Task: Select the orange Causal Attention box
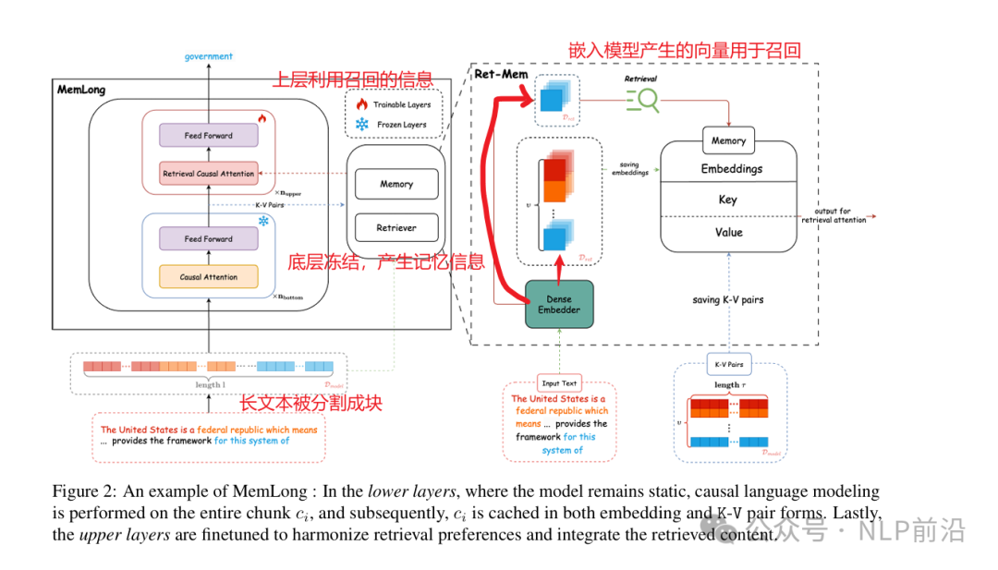pyautogui.click(x=208, y=276)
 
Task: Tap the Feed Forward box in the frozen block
pyautogui.click(x=208, y=238)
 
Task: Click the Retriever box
pyautogui.click(x=396, y=226)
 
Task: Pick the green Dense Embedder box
pyautogui.click(x=559, y=304)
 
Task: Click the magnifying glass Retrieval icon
pyautogui.click(x=643, y=100)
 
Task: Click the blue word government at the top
pyautogui.click(x=208, y=56)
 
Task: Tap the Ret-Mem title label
pyautogui.click(x=501, y=75)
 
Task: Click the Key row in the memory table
pyautogui.click(x=727, y=200)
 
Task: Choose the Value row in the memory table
pyautogui.click(x=727, y=233)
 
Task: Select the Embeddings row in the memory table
pyautogui.click(x=731, y=169)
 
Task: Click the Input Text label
pyautogui.click(x=558, y=382)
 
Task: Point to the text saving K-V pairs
pyautogui.click(x=727, y=300)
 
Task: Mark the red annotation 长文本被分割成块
pyautogui.click(x=310, y=403)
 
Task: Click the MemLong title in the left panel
pyautogui.click(x=81, y=91)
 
